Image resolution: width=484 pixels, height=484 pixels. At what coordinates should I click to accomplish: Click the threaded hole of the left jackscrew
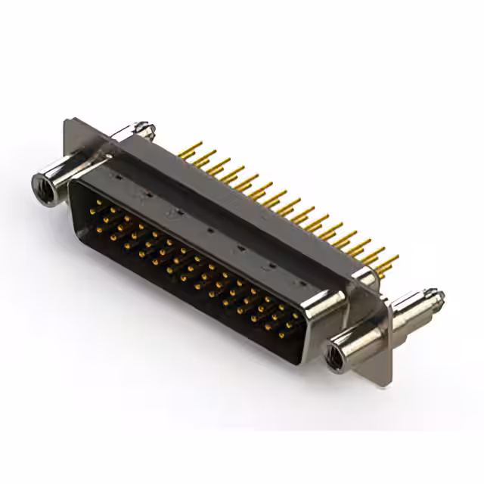44,186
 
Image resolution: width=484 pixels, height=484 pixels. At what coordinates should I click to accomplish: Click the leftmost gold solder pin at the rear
191,148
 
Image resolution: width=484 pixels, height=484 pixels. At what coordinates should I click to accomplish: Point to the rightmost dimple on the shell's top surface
301,283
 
